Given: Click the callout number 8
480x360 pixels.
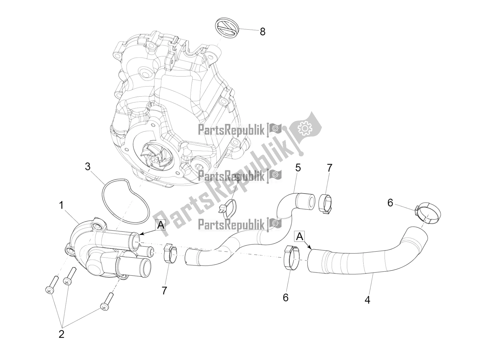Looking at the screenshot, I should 262,31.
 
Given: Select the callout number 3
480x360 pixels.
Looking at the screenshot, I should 88,167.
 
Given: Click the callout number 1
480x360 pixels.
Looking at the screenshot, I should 61,205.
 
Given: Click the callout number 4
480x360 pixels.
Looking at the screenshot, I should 367,300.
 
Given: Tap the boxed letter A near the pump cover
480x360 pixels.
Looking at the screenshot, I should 161,225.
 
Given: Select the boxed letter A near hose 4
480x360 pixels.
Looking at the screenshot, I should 300,237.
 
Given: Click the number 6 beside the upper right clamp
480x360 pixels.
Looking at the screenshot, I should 390,203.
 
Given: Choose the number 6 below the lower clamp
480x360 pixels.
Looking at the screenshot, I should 286,297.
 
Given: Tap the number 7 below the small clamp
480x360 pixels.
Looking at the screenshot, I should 164,290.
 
